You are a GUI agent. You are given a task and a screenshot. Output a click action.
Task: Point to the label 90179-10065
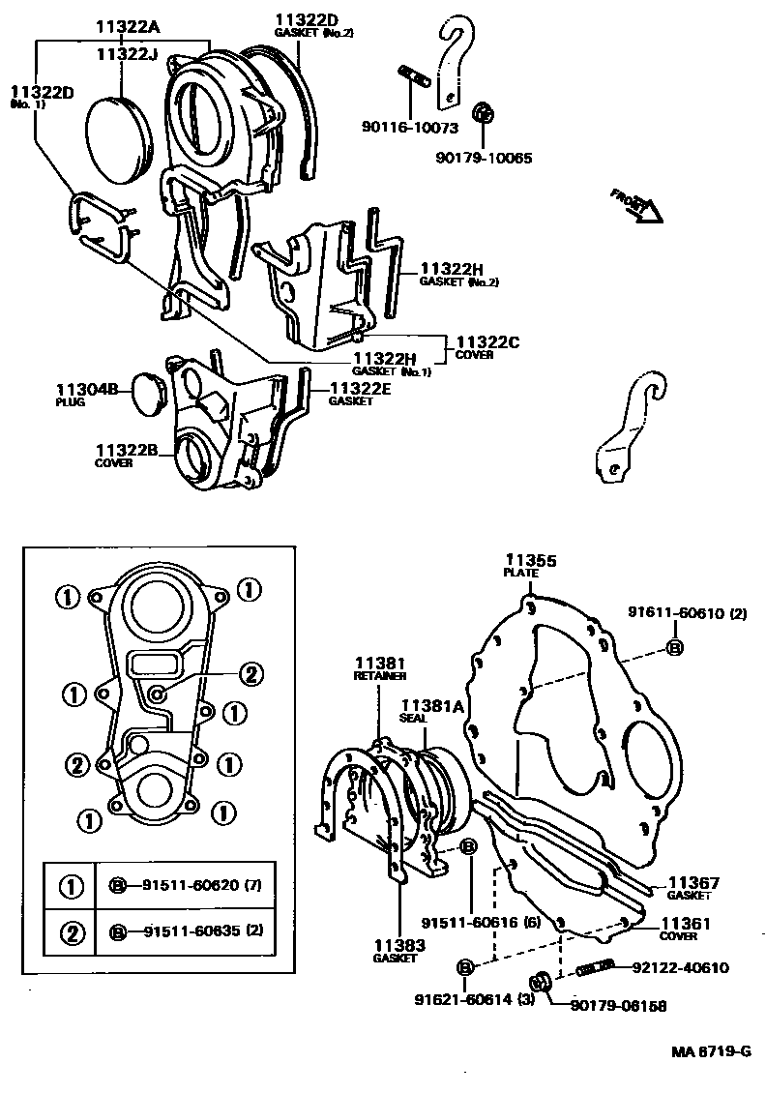483,158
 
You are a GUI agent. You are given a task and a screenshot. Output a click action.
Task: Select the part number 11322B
127,450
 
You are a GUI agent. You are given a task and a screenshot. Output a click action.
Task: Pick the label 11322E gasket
363,389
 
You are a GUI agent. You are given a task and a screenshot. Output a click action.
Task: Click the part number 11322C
487,342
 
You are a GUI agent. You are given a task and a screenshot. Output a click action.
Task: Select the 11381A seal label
433,707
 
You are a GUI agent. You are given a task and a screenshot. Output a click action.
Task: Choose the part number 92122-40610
680,967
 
